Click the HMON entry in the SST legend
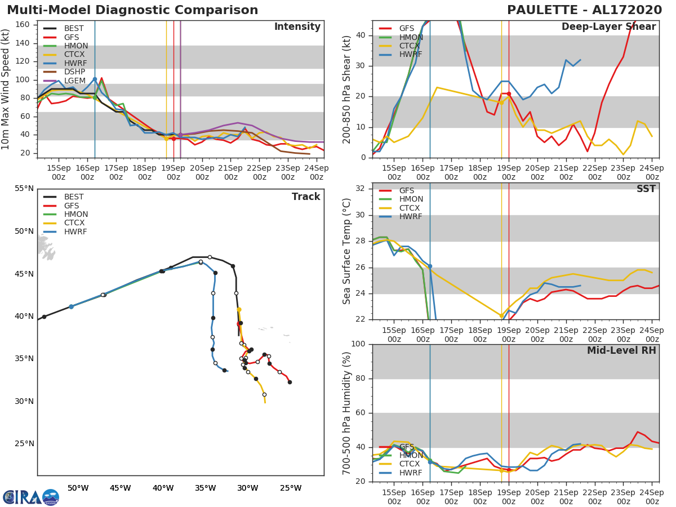[x=411, y=199]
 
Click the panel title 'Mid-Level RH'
[x=621, y=350]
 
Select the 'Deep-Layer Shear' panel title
[x=608, y=27]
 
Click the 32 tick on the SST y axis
[x=359, y=189]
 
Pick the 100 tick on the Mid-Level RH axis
[x=357, y=344]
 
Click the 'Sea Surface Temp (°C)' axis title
[x=347, y=251]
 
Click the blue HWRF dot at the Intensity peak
[x=95, y=79]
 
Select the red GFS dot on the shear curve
[x=509, y=94]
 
